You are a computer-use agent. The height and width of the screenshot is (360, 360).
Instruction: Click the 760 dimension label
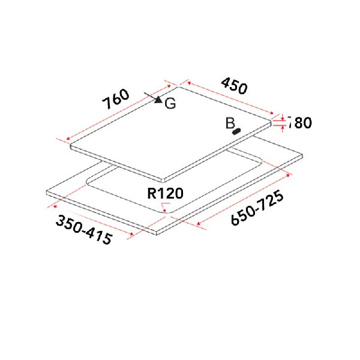115,99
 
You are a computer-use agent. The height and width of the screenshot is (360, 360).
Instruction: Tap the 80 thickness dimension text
299,123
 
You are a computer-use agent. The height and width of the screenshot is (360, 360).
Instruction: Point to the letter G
170,104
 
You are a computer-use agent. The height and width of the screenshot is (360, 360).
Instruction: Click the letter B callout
230,123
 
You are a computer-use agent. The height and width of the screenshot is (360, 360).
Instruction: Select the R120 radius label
165,193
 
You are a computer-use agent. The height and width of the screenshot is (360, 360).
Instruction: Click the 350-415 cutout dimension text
84,229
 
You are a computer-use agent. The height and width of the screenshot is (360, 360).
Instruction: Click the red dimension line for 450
232,98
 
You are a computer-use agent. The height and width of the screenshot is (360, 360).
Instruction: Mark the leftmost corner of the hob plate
70,145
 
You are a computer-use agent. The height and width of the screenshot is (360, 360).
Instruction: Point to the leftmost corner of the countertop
47,193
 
